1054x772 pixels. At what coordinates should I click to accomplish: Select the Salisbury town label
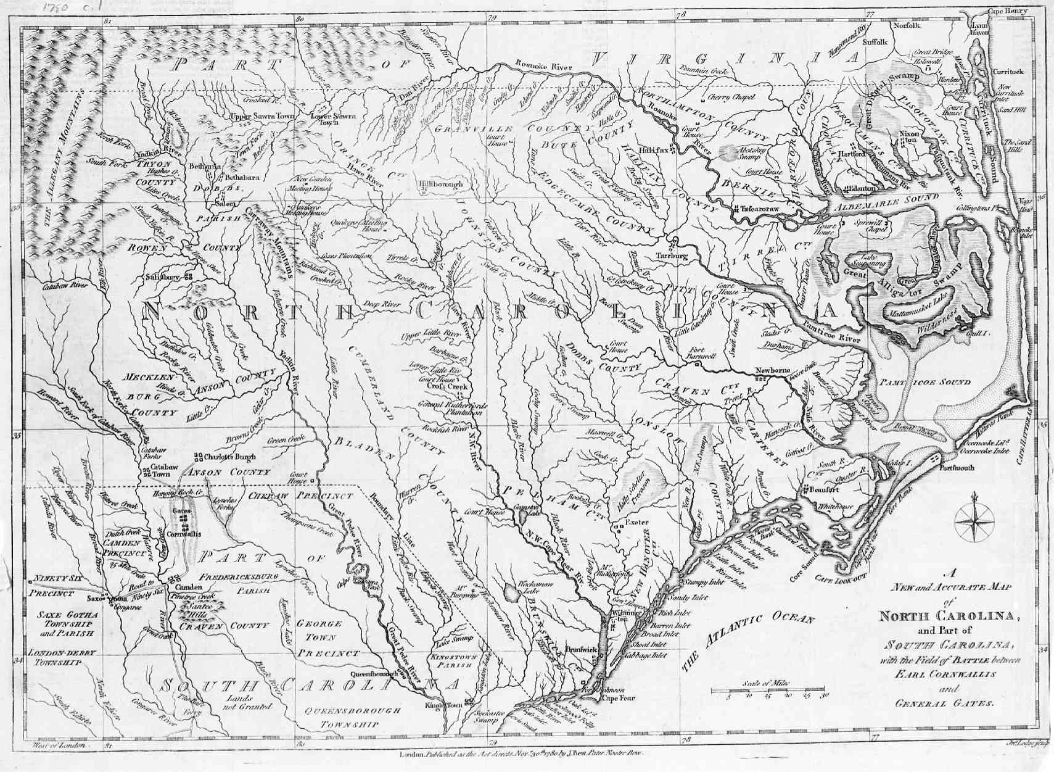tap(163, 277)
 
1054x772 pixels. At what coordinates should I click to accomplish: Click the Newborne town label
tap(772, 370)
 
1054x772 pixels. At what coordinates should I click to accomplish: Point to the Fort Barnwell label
tap(702, 353)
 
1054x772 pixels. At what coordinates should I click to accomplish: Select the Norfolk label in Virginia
tap(907, 25)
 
